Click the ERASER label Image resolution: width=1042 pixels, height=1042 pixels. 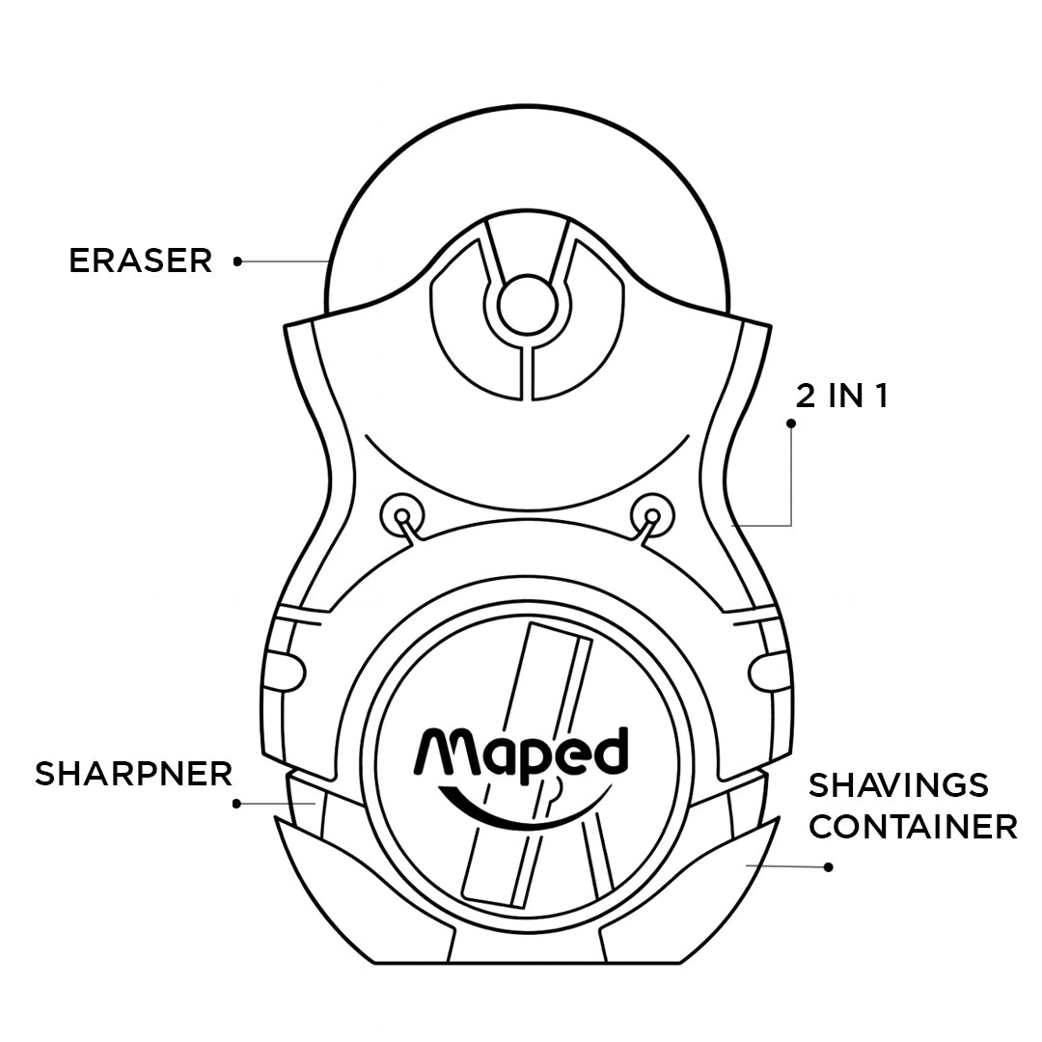pyautogui.click(x=140, y=260)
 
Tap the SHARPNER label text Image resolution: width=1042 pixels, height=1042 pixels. pyautogui.click(x=134, y=774)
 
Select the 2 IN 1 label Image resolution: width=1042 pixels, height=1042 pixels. pyautogui.click(x=841, y=397)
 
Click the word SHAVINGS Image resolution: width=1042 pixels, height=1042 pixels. pyautogui.click(x=898, y=785)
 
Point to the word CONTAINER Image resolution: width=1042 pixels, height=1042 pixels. pyautogui.click(x=913, y=827)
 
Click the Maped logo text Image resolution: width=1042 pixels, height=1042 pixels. pyautogui.click(x=522, y=753)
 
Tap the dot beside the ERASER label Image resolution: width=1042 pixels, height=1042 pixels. pyautogui.click(x=237, y=260)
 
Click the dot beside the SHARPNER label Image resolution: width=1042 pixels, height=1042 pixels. pyautogui.click(x=237, y=803)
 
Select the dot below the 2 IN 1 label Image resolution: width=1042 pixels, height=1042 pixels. pyautogui.click(x=791, y=424)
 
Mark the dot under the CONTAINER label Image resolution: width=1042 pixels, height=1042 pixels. pyautogui.click(x=828, y=867)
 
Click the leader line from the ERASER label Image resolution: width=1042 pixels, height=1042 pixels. pyautogui.click(x=285, y=260)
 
